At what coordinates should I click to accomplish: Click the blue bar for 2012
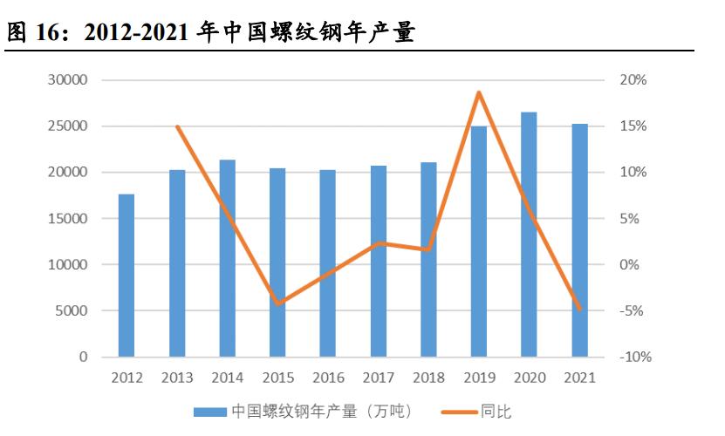coord(127,276)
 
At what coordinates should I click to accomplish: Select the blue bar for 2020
coord(529,235)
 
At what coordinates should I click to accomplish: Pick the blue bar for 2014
coord(227,258)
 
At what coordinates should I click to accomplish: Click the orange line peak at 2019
coord(478,92)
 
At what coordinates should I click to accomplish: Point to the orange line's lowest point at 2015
coord(277,303)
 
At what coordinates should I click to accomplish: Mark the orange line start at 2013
coord(177,126)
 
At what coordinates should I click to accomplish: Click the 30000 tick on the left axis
coord(69,80)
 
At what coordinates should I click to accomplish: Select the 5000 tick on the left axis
coord(72,311)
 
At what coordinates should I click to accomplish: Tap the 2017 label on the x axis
coord(378,378)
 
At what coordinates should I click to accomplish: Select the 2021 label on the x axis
coord(578,378)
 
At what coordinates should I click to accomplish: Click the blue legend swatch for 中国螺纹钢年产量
coord(209,411)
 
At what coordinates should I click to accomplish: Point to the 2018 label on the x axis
coord(427,378)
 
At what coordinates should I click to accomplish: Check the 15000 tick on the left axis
coord(69,219)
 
